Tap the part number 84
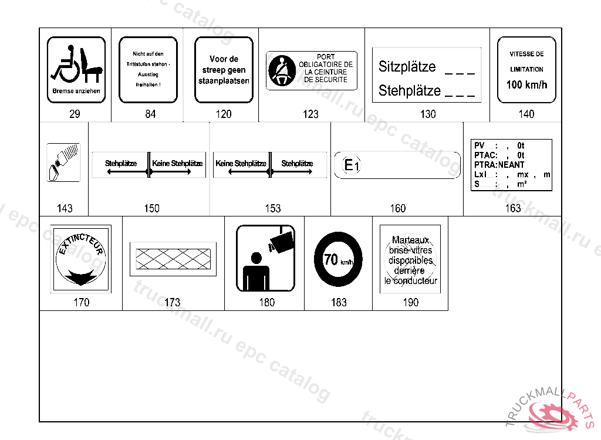tap(151, 114)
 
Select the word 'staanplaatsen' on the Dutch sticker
tap(224, 81)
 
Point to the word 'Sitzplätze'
tap(407, 66)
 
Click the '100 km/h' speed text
tap(526, 84)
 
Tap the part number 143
tap(65, 208)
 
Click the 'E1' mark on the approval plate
tap(350, 166)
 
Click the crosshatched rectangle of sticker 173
tap(173, 259)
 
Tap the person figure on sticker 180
tap(256, 272)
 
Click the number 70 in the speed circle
tap(330, 259)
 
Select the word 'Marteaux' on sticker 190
tap(410, 240)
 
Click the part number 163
tap(512, 208)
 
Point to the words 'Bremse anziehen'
tap(76, 92)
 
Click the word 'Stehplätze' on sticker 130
tap(409, 91)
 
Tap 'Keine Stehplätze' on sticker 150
tap(177, 164)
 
